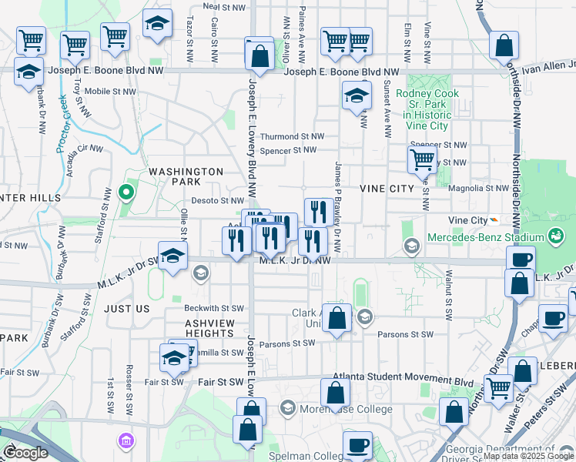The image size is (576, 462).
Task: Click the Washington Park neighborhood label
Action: (186, 176)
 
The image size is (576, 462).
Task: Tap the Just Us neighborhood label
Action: (126, 308)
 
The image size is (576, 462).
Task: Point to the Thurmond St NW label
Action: (291, 136)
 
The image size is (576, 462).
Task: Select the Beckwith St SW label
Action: (214, 308)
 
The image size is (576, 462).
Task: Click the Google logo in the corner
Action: (25, 453)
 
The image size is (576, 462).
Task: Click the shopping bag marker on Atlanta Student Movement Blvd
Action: (337, 392)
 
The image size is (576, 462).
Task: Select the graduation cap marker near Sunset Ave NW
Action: (357, 96)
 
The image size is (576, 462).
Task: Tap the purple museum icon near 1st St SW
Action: (125, 441)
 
